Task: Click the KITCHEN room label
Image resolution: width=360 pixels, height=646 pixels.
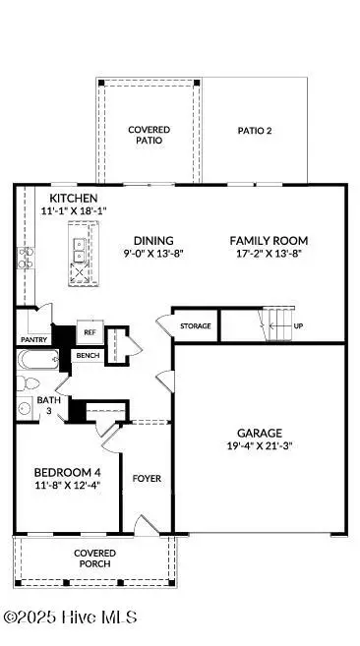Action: point(67,198)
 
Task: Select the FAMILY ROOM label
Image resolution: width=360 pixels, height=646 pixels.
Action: point(269,240)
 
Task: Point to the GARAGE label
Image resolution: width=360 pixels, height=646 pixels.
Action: point(260,433)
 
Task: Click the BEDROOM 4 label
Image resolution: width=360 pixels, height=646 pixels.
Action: point(62,471)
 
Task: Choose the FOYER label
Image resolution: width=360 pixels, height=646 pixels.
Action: point(147,479)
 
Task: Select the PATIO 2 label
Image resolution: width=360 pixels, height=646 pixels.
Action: point(257,130)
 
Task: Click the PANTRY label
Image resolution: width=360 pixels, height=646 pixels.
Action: point(32,339)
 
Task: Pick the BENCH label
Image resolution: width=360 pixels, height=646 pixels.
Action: point(88,355)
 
